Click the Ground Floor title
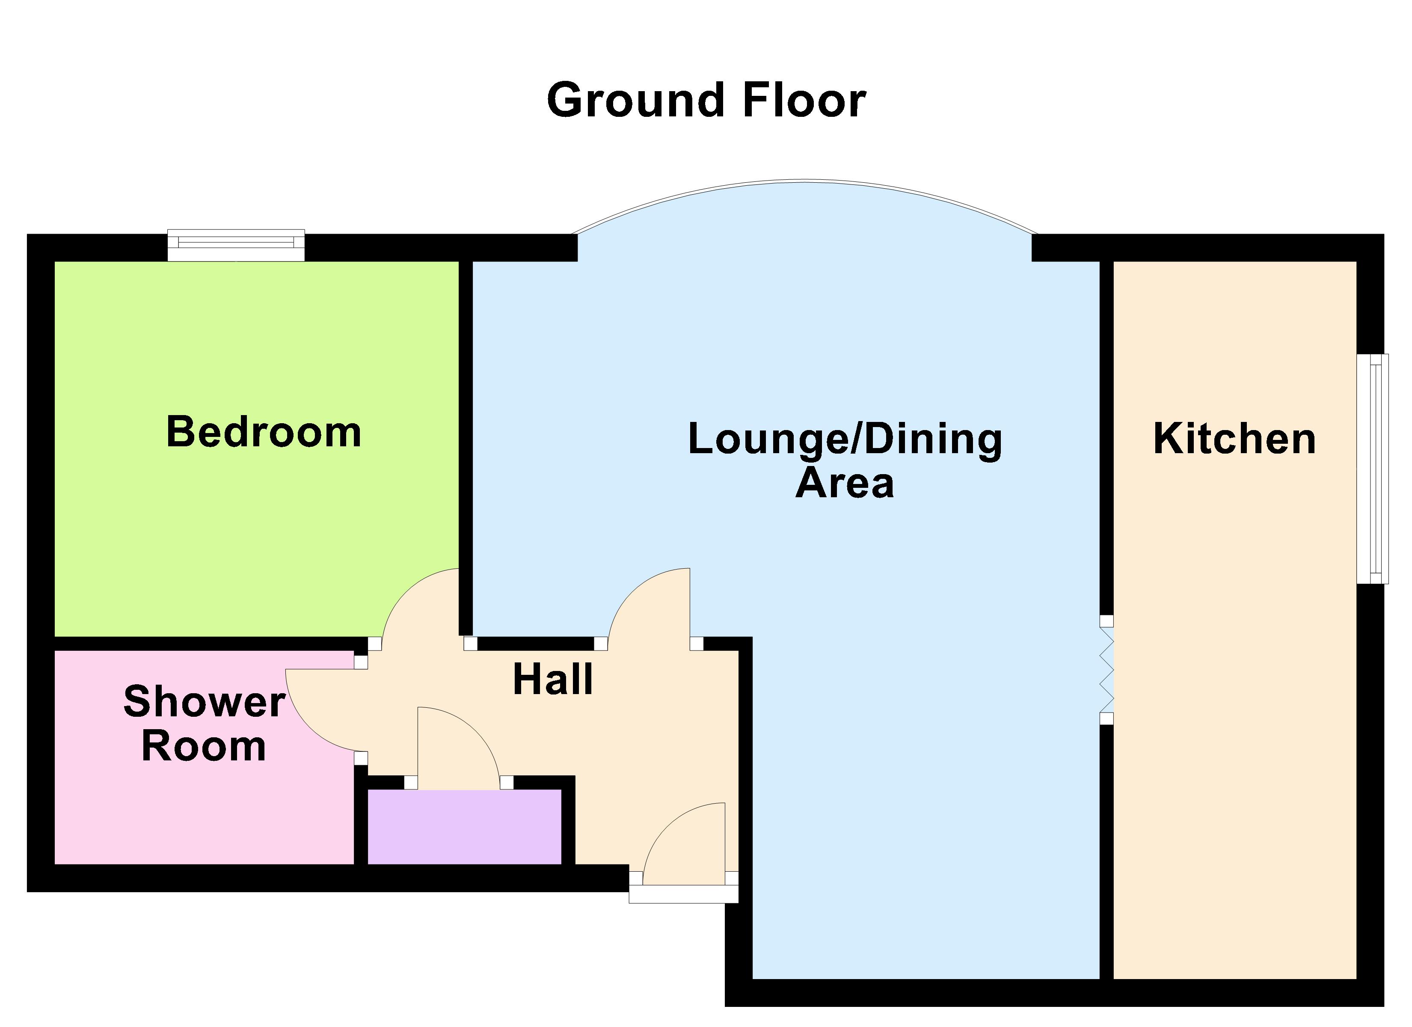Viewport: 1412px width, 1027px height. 706,100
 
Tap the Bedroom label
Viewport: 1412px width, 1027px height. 264,432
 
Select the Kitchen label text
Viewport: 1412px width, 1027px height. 1234,439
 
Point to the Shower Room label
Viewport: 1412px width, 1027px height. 204,723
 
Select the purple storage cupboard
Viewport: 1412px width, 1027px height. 464,826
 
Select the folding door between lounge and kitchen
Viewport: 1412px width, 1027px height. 1106,670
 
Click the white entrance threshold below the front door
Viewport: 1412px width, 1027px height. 684,894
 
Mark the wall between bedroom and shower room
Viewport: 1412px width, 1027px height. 211,643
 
